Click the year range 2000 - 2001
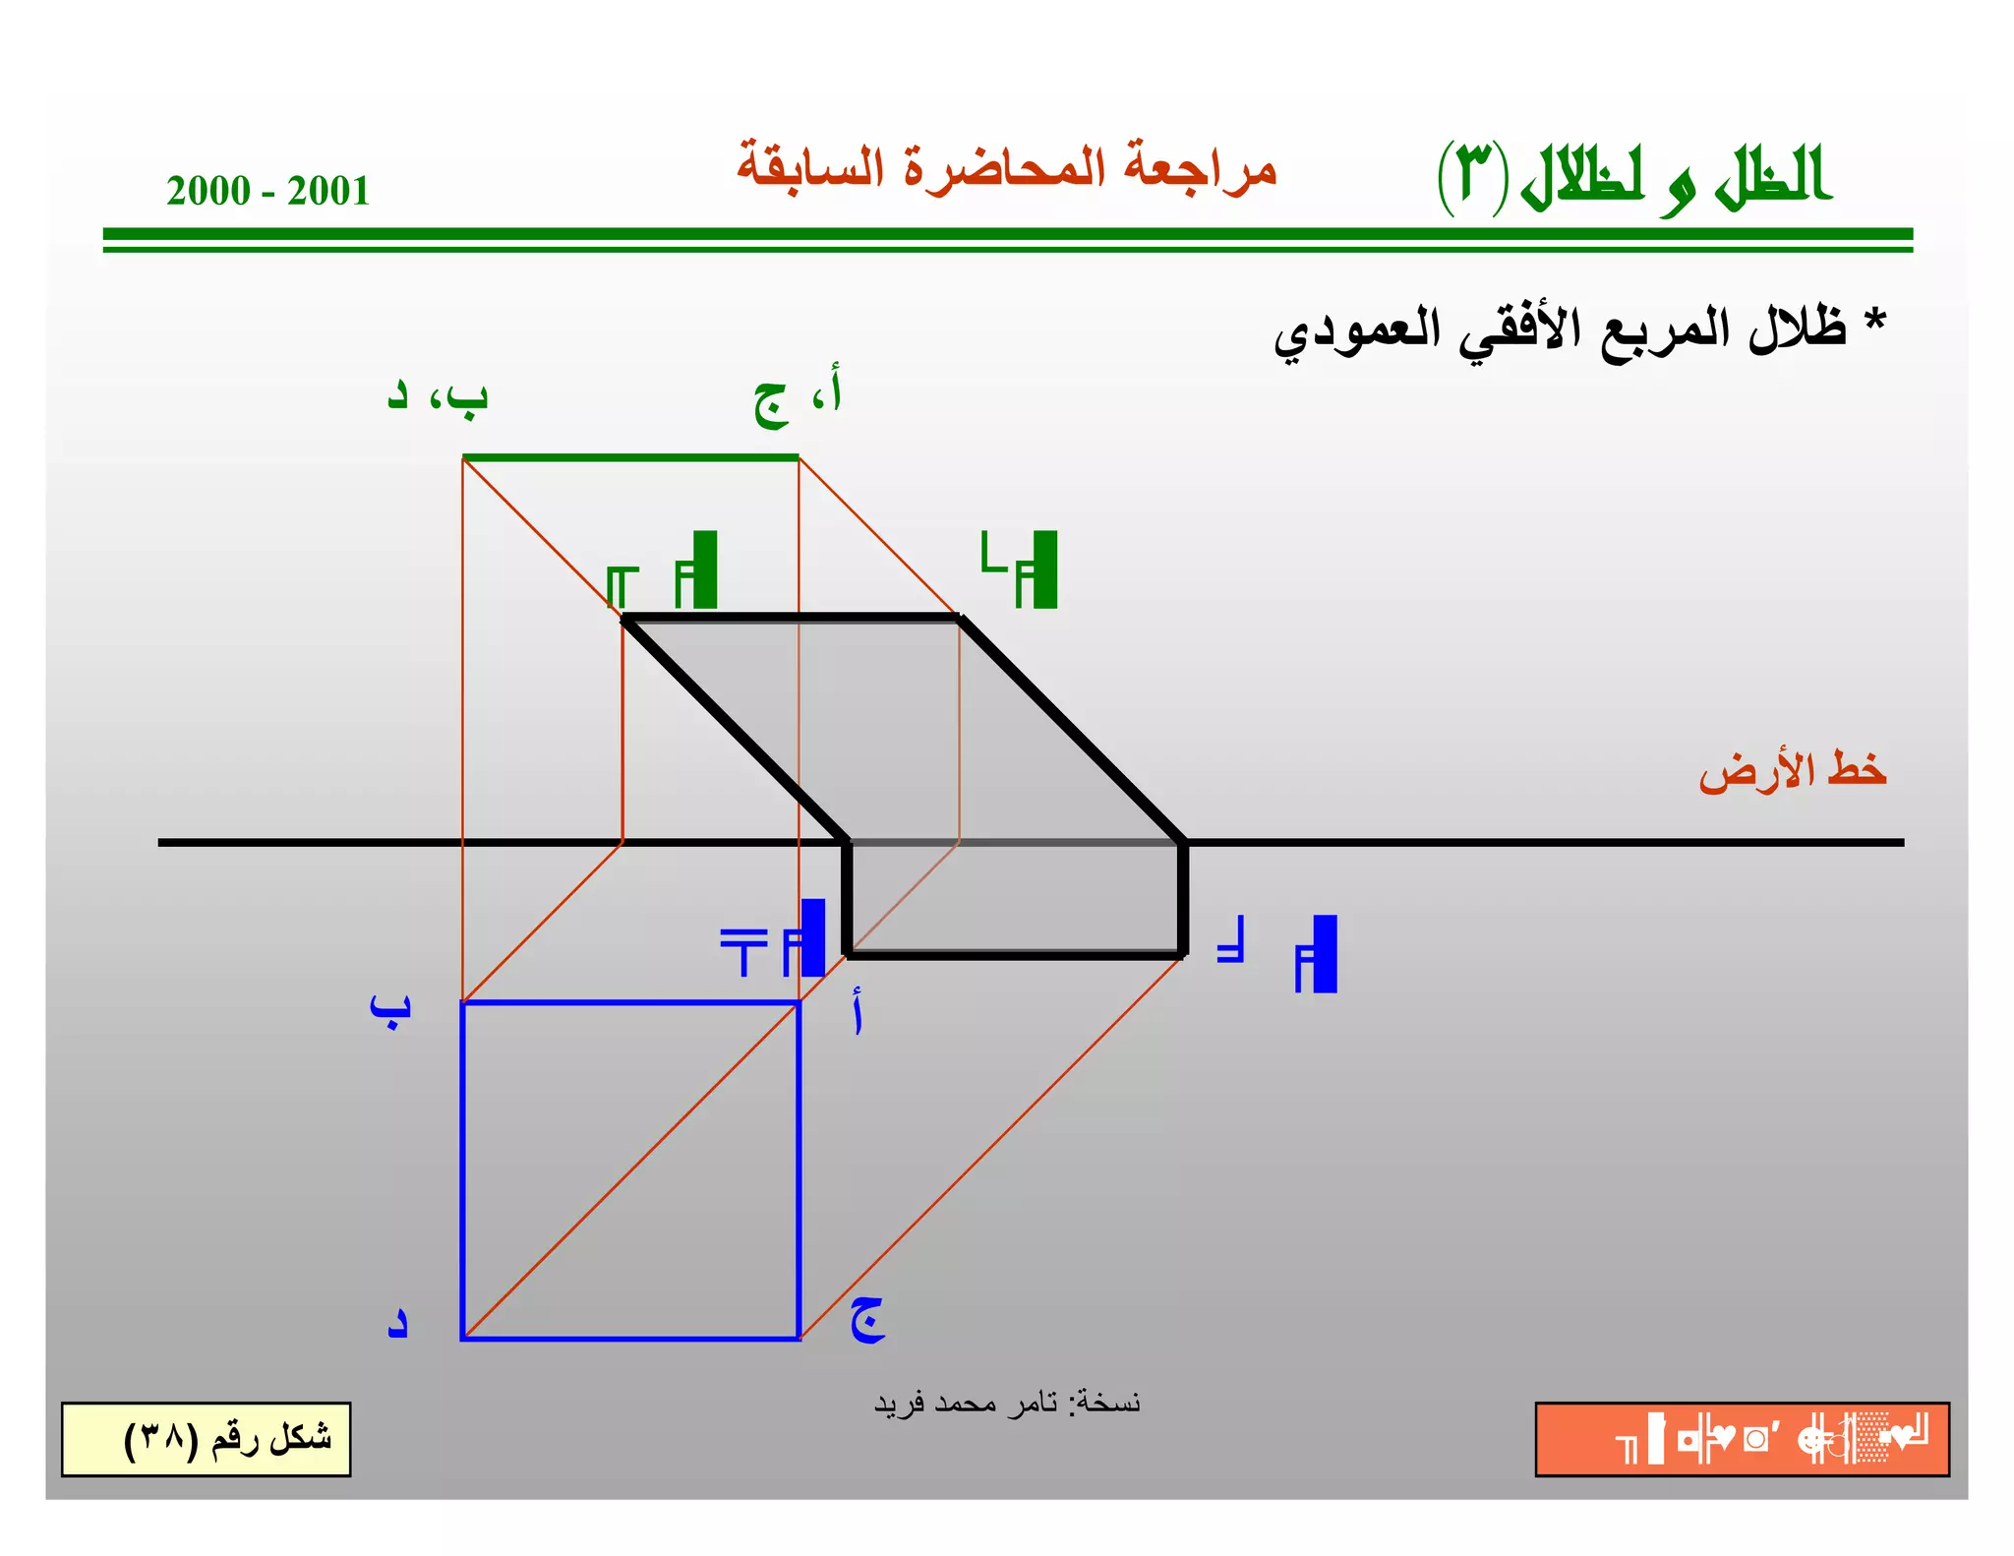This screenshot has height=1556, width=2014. [267, 191]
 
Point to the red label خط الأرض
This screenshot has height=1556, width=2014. [1792, 771]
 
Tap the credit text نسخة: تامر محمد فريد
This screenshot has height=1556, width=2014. [1007, 1402]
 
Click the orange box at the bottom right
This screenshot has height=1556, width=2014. [1742, 1439]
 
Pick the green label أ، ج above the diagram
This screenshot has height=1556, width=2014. [798, 397]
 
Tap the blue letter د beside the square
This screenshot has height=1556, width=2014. [396, 1323]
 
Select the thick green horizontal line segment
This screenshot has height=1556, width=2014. [629, 457]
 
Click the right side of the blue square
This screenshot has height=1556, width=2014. [799, 1170]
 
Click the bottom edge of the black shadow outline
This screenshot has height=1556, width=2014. [1013, 954]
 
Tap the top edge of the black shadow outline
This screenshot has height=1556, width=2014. [792, 618]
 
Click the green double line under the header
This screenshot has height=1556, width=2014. [1007, 240]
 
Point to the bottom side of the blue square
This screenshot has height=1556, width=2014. [629, 1338]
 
